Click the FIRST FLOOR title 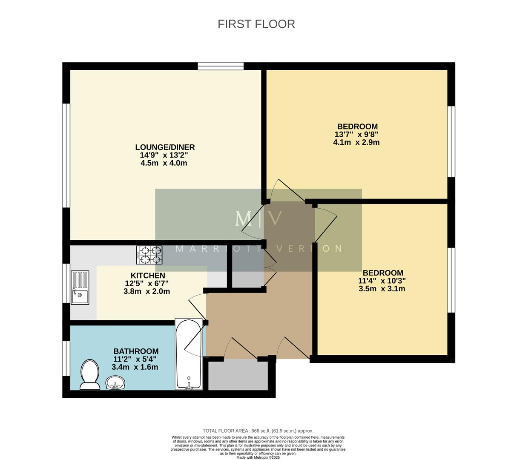256,24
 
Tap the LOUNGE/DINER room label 165,147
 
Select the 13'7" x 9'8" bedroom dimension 356,135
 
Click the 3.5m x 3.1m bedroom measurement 382,289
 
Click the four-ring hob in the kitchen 149,255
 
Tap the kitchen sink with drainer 80,287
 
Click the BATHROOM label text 135,351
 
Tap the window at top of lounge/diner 221,66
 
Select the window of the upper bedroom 451,141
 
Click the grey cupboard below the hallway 238,376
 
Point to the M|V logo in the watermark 258,218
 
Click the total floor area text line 258,431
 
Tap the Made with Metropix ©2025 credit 258,457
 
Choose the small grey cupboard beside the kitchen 247,279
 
